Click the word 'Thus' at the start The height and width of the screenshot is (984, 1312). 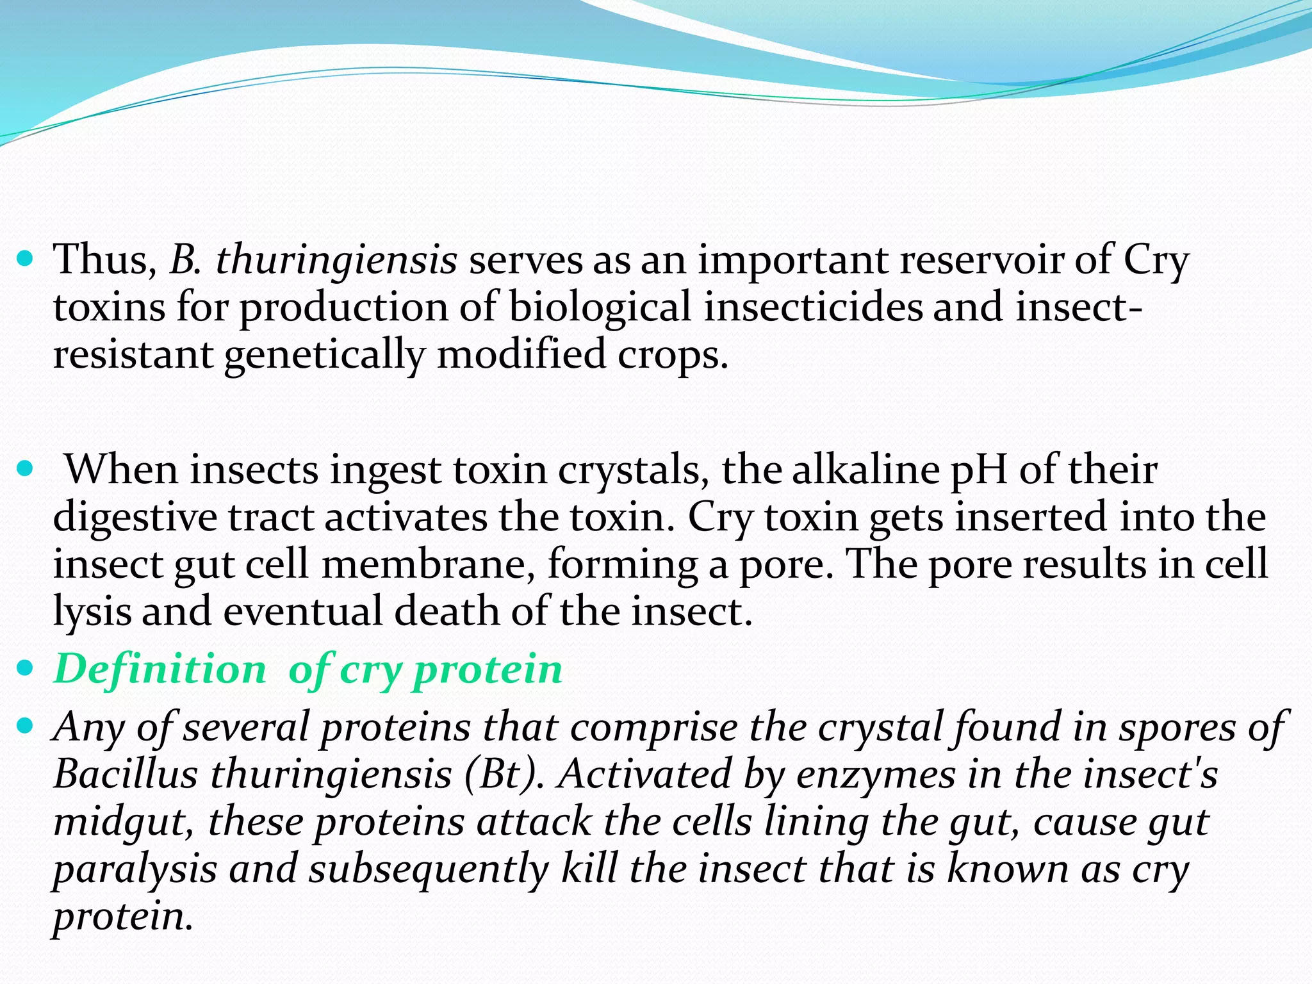click(x=102, y=259)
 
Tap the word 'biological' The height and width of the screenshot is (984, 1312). click(x=600, y=307)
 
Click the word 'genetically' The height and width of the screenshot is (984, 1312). click(x=324, y=354)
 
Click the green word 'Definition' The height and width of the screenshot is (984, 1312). click(x=160, y=669)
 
